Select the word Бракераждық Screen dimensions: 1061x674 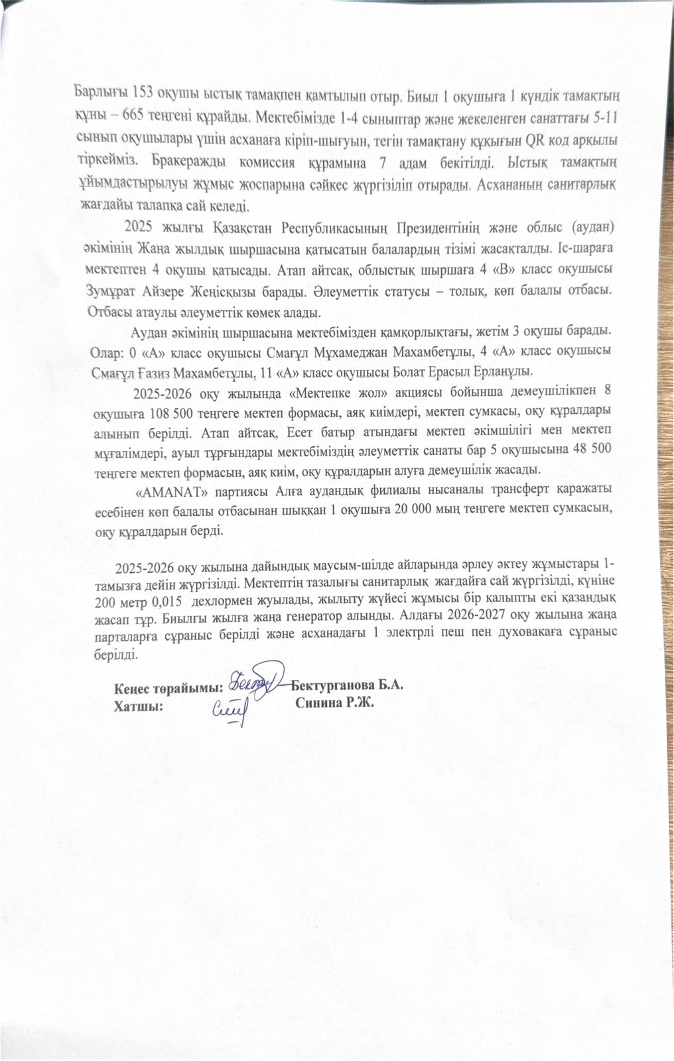[196, 160]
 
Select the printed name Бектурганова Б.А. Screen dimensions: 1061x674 [347, 684]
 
